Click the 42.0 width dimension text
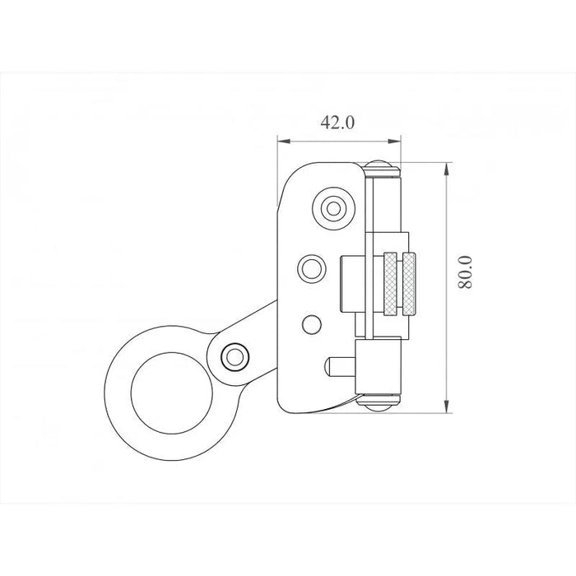point(337,123)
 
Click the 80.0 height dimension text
point(465,272)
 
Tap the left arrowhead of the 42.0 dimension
point(284,141)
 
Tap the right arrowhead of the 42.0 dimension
point(394,141)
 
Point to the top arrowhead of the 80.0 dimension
point(446,170)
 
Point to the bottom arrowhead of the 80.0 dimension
point(446,406)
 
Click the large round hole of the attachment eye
point(171,393)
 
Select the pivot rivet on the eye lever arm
point(235,356)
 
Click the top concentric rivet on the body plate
point(333,209)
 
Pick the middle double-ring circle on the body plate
point(312,268)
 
